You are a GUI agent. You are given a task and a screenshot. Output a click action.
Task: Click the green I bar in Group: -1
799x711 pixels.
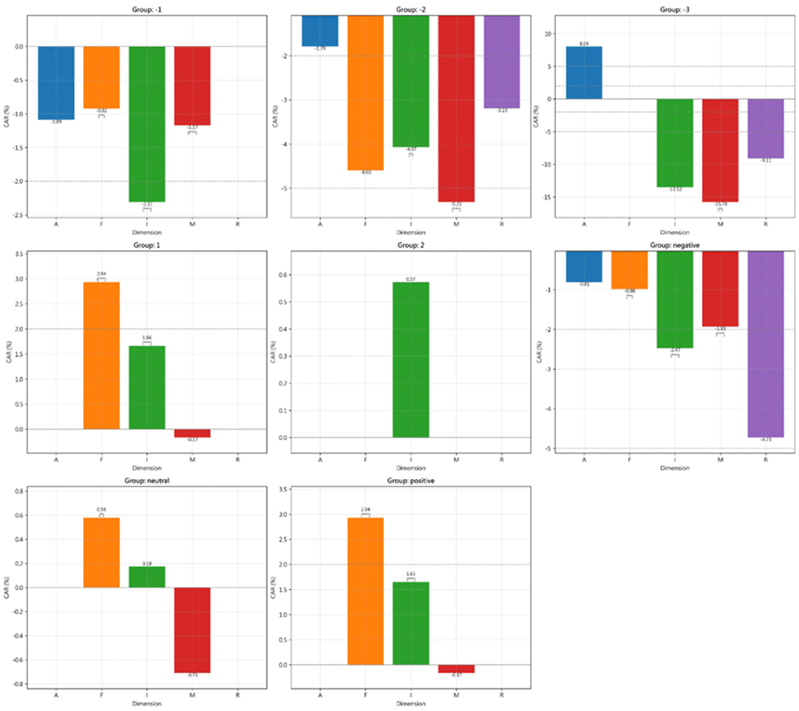pos(147,124)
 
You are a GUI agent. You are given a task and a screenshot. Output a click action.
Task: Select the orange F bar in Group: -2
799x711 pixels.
pos(365,92)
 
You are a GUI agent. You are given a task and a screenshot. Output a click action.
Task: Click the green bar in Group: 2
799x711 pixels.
pos(411,360)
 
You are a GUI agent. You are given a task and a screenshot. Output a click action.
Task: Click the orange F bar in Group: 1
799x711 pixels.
pos(102,355)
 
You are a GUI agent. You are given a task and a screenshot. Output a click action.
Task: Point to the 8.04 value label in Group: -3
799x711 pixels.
pos(584,43)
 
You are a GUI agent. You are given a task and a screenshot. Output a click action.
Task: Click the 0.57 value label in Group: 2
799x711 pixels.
pos(411,278)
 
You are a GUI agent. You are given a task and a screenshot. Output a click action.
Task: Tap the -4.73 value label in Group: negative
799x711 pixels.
pos(766,440)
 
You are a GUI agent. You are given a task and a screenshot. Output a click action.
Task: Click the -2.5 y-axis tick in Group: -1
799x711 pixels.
pos(18,215)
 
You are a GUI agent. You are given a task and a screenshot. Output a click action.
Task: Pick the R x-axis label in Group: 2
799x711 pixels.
pos(501,460)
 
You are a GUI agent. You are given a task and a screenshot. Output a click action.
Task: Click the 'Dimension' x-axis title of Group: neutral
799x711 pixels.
pos(147,702)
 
